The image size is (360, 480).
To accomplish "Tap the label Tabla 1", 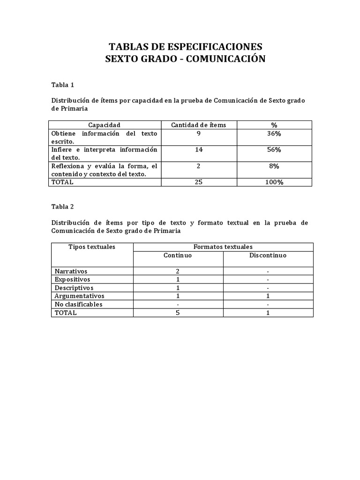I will [62, 85].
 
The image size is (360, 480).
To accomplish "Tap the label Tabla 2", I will [62, 206].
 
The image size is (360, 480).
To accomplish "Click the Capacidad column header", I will [104, 125].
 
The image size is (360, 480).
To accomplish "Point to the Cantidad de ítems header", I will [198, 125].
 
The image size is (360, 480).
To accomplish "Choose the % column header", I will [274, 125].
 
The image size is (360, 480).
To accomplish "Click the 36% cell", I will [274, 134].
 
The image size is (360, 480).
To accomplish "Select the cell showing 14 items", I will [198, 150].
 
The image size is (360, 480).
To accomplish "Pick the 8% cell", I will [274, 165].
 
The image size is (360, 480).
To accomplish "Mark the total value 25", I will [198, 182].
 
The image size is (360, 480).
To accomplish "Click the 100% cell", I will [274, 182].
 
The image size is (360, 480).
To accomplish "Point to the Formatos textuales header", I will [223, 247].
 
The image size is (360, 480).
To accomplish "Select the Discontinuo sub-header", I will [268, 255].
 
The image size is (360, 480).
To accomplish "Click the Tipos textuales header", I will [92, 247].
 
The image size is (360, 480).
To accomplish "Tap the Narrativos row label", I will [71, 271].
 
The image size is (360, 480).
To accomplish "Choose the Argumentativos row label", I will [79, 296].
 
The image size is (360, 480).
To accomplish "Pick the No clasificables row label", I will [78, 304].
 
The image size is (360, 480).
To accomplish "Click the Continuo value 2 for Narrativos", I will [178, 271].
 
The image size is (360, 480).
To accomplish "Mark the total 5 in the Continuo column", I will [178, 313].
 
